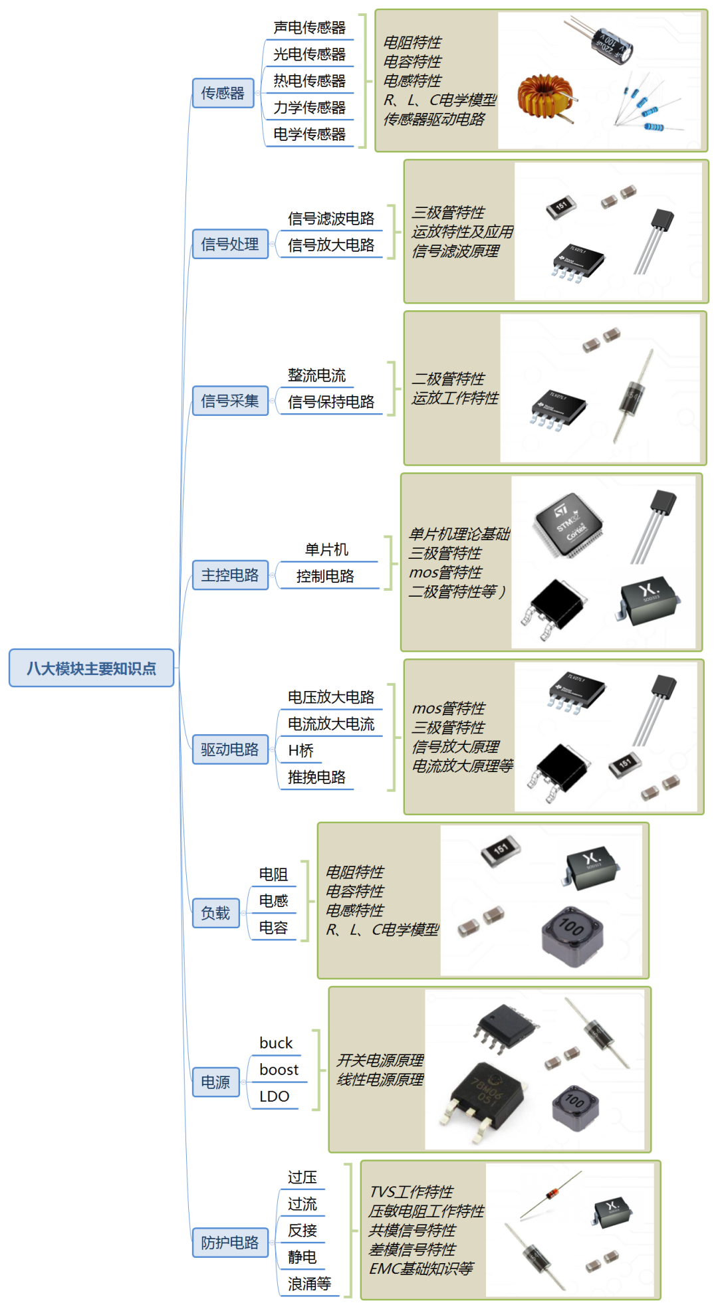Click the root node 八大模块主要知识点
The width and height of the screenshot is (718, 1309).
click(x=91, y=668)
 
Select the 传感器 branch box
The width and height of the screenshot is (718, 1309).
click(x=223, y=93)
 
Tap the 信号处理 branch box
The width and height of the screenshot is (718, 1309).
click(x=230, y=244)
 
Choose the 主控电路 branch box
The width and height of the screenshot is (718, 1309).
click(x=230, y=575)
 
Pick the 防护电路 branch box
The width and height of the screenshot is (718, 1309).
click(x=230, y=1243)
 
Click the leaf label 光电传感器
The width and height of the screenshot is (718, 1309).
click(x=309, y=54)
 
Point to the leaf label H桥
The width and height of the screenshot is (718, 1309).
click(x=300, y=750)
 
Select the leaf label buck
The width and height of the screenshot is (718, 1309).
click(x=276, y=1043)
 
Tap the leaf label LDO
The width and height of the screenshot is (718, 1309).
click(x=275, y=1096)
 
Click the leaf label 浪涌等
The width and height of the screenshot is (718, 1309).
click(x=309, y=1284)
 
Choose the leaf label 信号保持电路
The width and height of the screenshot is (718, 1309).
click(x=331, y=401)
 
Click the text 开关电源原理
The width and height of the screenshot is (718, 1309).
click(x=380, y=1060)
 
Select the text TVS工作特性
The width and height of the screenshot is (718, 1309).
click(x=412, y=1191)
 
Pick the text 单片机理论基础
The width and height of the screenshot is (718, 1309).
click(x=459, y=534)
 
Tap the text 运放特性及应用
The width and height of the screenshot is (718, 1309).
click(x=463, y=231)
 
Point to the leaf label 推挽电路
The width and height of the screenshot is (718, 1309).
click(x=316, y=777)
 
